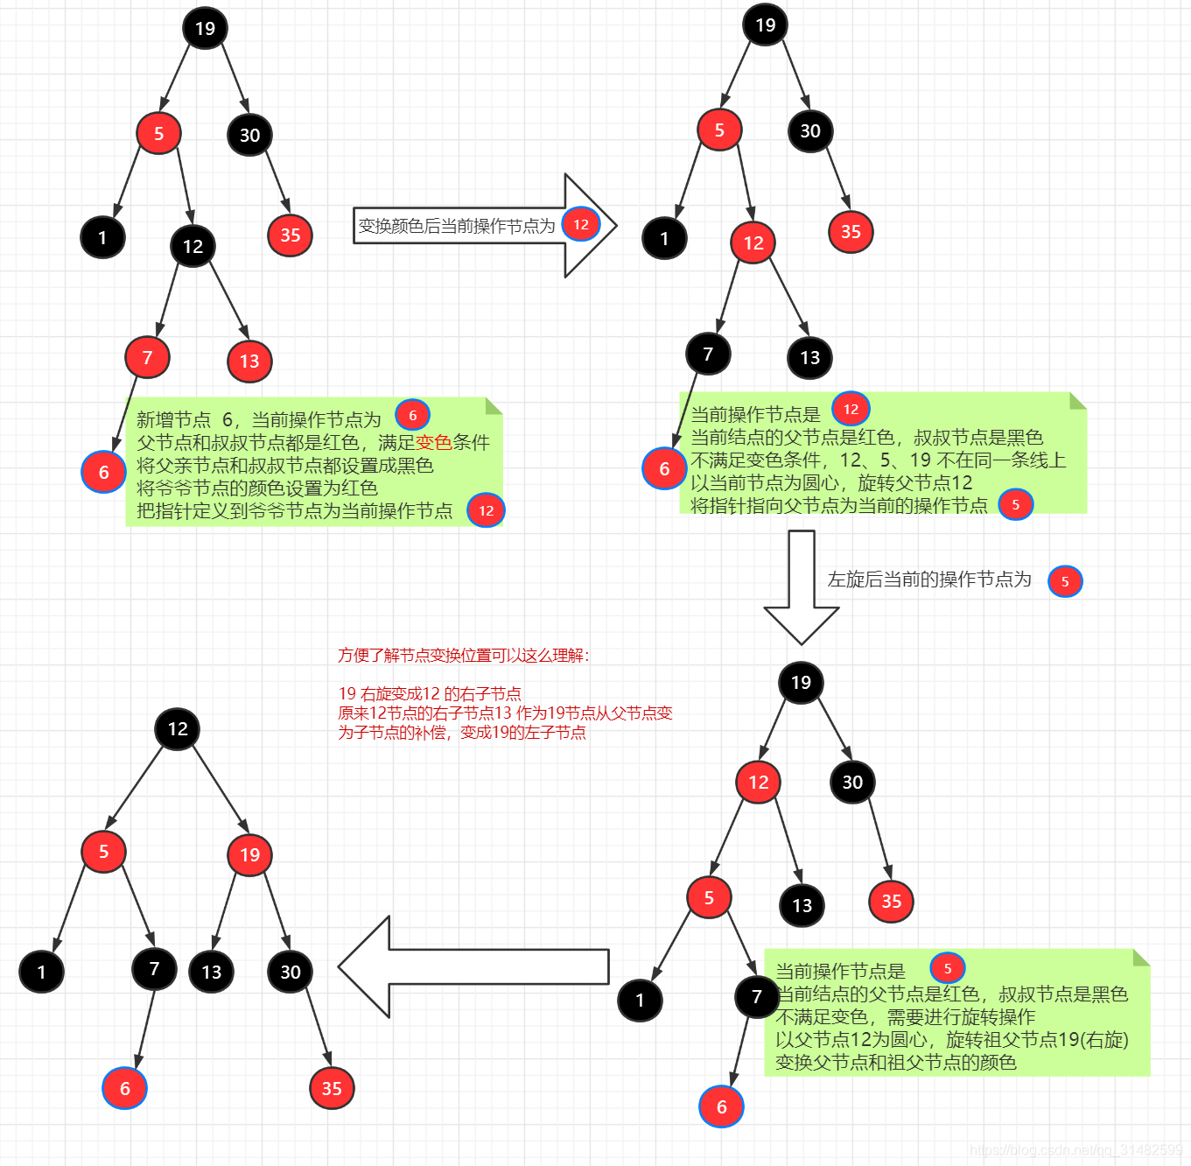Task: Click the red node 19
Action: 249,855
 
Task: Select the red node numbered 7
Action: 147,357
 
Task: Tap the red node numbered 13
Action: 249,362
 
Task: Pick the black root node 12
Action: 178,729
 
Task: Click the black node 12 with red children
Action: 193,247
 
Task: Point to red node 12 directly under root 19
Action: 758,783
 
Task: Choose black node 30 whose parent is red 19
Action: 290,972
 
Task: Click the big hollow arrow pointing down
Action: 801,587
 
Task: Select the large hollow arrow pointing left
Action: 473,966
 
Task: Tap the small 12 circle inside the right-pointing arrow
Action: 581,225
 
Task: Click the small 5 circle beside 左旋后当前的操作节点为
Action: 1065,581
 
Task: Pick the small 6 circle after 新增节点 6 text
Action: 412,416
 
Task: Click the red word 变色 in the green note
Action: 433,443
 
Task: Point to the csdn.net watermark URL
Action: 1075,1150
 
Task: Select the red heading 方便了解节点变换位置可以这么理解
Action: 464,656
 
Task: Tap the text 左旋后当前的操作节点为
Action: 929,579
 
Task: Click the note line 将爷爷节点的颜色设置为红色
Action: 257,488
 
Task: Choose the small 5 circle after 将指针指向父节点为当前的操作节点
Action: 1015,505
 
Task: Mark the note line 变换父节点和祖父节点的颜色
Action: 895,1063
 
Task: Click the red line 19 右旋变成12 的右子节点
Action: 430,694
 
